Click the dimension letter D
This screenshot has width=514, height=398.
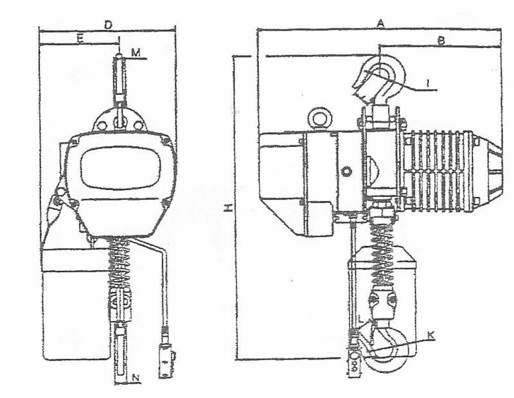tap(108, 24)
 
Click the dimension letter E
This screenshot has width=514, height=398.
tap(81, 39)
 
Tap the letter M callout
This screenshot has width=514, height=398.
tap(136, 53)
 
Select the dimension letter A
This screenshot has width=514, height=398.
tap(380, 23)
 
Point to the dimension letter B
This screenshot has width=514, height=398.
tap(441, 41)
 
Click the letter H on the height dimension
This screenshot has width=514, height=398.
tap(229, 207)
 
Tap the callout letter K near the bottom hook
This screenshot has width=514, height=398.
tap(430, 335)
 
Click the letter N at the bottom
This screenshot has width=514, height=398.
tap(136, 378)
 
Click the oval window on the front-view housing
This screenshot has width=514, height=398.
tap(120, 168)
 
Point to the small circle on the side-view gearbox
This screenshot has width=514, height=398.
tap(346, 171)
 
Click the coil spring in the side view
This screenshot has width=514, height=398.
tap(382, 252)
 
